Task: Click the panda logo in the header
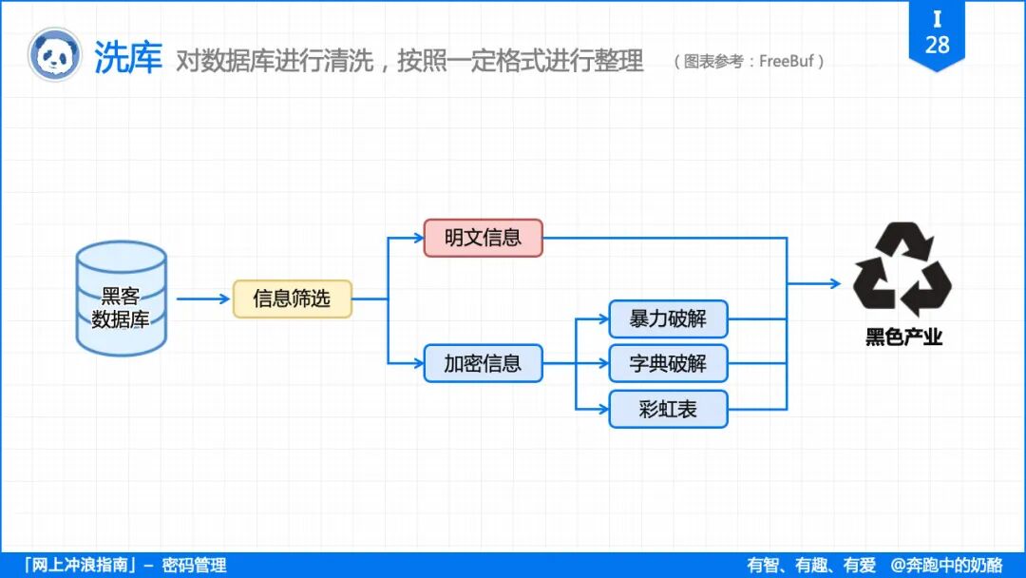click(54, 55)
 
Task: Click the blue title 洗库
click(128, 58)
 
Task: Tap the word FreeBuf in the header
click(788, 62)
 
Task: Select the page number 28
click(937, 45)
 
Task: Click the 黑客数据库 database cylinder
click(122, 299)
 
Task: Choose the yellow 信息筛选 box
click(293, 299)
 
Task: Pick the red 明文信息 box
click(483, 238)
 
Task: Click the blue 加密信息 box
click(483, 363)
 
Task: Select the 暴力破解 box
click(668, 318)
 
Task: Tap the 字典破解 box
click(668, 363)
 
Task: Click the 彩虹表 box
click(668, 409)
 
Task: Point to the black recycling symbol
click(902, 269)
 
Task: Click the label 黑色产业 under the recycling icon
click(903, 337)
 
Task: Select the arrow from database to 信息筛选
click(203, 299)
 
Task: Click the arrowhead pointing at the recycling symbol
click(834, 283)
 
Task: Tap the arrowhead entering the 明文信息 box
click(417, 238)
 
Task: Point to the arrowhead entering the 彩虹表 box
click(602, 409)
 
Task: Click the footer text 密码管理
click(194, 566)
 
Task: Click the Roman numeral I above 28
click(937, 19)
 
